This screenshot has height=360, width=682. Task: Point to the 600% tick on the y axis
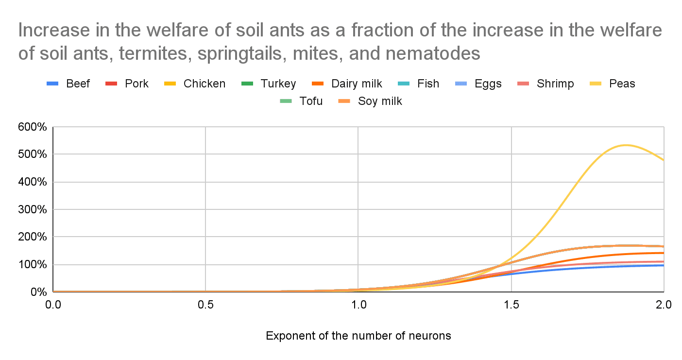(x=33, y=127)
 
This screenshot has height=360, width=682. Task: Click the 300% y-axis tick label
(x=33, y=210)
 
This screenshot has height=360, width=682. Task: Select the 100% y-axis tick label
(x=33, y=265)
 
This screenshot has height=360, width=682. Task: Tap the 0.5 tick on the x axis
(x=205, y=305)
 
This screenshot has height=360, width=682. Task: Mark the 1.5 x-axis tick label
(x=511, y=305)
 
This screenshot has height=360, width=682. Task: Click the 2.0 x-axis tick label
(x=664, y=305)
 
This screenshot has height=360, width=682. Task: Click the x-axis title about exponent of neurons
(x=358, y=336)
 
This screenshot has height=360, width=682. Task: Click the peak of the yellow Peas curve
(x=625, y=145)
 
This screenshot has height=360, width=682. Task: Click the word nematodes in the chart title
(x=431, y=53)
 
